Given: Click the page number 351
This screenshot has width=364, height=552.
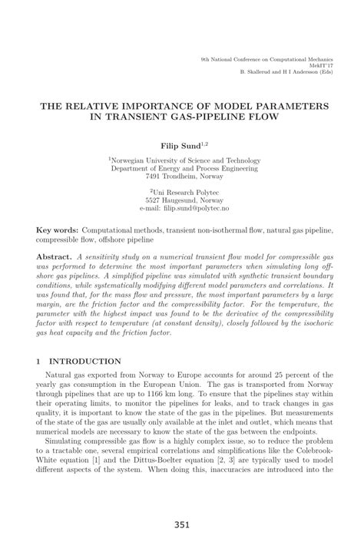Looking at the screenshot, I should [181, 525].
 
